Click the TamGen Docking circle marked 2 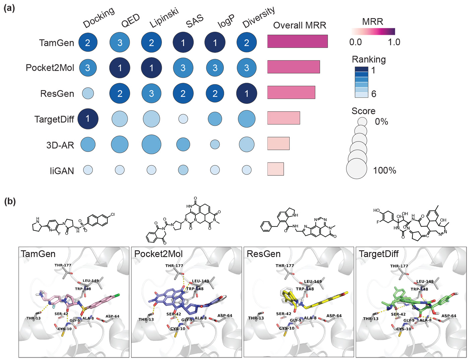pos(88,43)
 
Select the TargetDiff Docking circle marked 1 pos(88,119)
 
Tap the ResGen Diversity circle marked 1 pos(247,94)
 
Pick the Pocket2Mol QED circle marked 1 pos(120,68)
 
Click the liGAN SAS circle pos(183,170)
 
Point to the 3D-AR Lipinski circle pos(151,145)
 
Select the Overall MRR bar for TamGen pos(297,41)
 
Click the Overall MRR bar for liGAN pos(275,169)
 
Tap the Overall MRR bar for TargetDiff pos(283,118)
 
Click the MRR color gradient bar pos(373,32)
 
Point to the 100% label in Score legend pos(385,170)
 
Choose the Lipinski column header pos(164,18)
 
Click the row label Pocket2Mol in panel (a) pos(50,68)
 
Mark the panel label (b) pos(9,201)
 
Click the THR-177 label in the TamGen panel pos(63,265)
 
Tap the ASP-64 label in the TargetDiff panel pos(449,316)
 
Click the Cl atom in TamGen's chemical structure pos(113,214)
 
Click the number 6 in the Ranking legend pos(374,94)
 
